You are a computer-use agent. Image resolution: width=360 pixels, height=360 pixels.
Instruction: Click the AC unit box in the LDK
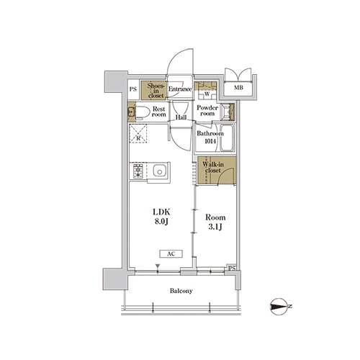(x=171, y=254)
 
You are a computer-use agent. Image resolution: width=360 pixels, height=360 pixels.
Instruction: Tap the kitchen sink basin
(x=159, y=171)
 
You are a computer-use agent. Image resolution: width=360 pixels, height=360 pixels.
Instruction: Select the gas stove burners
(x=138, y=171)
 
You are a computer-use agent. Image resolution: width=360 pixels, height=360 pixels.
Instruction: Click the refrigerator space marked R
(x=138, y=133)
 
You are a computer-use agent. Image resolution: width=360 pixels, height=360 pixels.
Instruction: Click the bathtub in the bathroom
(x=227, y=138)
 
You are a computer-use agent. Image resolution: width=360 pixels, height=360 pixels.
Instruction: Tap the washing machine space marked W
(x=207, y=94)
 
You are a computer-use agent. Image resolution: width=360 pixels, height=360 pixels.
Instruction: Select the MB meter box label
(x=238, y=88)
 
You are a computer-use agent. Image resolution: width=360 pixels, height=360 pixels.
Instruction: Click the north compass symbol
(x=280, y=307)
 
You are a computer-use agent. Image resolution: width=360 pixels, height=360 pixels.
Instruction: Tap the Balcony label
(x=181, y=291)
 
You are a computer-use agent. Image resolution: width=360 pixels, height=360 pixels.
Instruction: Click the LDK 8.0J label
(x=161, y=217)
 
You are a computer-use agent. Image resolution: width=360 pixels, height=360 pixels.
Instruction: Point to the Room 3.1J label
(x=215, y=222)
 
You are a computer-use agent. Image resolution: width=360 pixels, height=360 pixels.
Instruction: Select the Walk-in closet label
(x=213, y=167)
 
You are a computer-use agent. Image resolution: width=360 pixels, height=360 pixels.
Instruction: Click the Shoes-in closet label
(x=156, y=91)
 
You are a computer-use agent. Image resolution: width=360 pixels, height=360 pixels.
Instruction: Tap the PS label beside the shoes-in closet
(x=133, y=89)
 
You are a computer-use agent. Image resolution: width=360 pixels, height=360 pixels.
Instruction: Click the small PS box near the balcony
(x=232, y=268)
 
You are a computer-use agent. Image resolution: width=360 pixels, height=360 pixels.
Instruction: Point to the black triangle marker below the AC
(x=158, y=266)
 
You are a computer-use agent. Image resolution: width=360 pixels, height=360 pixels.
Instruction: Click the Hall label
(x=181, y=117)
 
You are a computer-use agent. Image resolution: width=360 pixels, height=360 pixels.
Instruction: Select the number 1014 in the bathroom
(x=210, y=141)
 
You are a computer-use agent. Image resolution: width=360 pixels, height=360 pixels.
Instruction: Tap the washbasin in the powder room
(x=227, y=112)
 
